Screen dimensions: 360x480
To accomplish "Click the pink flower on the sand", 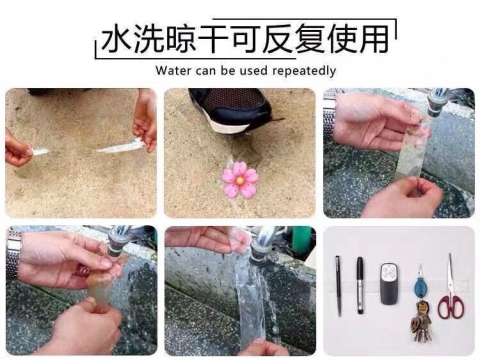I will (x=240, y=181).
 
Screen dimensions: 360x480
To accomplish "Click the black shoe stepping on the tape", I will (x=226, y=108).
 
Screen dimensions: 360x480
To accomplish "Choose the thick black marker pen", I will (x=360, y=284).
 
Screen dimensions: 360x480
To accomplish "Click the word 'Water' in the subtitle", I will (x=174, y=71).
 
